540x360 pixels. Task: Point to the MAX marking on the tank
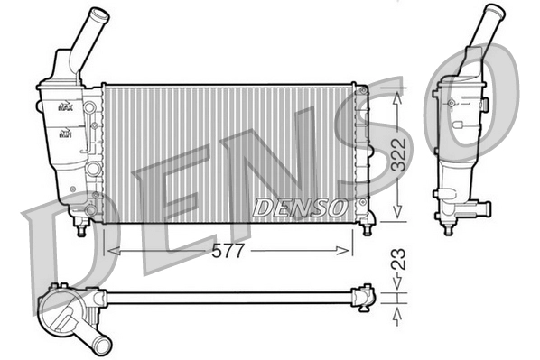[x=65, y=106]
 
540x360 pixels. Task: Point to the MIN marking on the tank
[x=65, y=134]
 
